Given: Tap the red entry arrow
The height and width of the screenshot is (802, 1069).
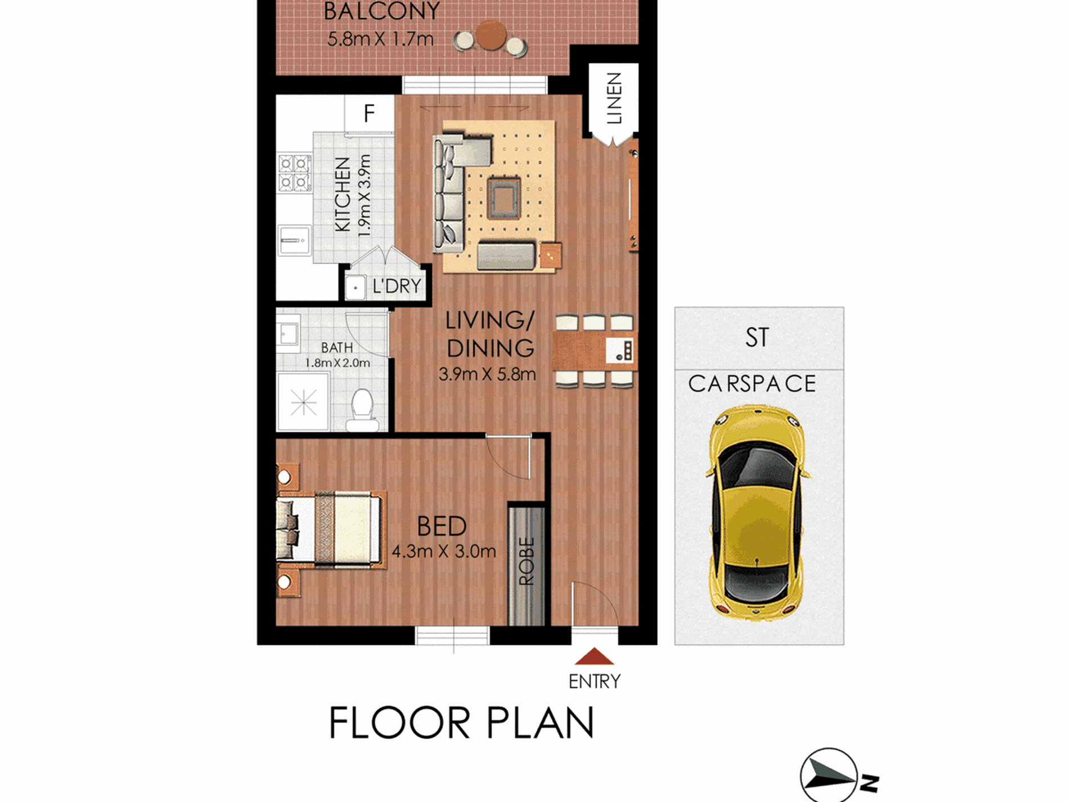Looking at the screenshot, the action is pos(594,656).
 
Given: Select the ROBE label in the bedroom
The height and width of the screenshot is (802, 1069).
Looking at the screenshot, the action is pos(526,561).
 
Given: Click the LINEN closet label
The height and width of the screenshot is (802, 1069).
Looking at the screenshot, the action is pos(614,98).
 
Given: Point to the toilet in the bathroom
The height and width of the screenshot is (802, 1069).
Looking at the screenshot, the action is pos(362,410).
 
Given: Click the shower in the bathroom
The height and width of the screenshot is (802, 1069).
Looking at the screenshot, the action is pos(303,402).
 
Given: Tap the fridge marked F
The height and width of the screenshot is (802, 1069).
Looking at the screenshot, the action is pos(369,114).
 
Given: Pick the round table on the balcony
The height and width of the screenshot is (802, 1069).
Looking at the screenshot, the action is pos(491,35).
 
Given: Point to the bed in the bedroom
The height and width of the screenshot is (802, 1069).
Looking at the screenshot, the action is pos(329,529).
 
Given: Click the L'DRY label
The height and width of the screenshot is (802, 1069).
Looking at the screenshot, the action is pos(397,286).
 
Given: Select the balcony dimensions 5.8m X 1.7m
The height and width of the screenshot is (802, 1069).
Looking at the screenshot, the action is pos(380,39).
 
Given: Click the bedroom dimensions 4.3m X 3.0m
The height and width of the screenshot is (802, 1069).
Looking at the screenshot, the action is pos(444,552).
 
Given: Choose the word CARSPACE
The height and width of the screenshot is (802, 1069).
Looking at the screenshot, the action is pos(752,384).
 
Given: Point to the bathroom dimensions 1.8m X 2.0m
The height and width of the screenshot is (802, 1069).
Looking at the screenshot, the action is pos(338,363).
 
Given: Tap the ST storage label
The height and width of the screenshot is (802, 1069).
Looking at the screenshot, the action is pos(757,337).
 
